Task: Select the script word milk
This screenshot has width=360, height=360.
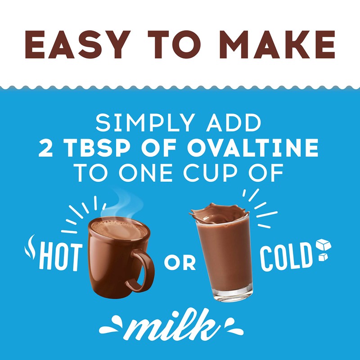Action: pyautogui.click(x=180, y=325)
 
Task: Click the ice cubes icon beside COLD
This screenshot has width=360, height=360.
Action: pyautogui.click(x=323, y=250)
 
